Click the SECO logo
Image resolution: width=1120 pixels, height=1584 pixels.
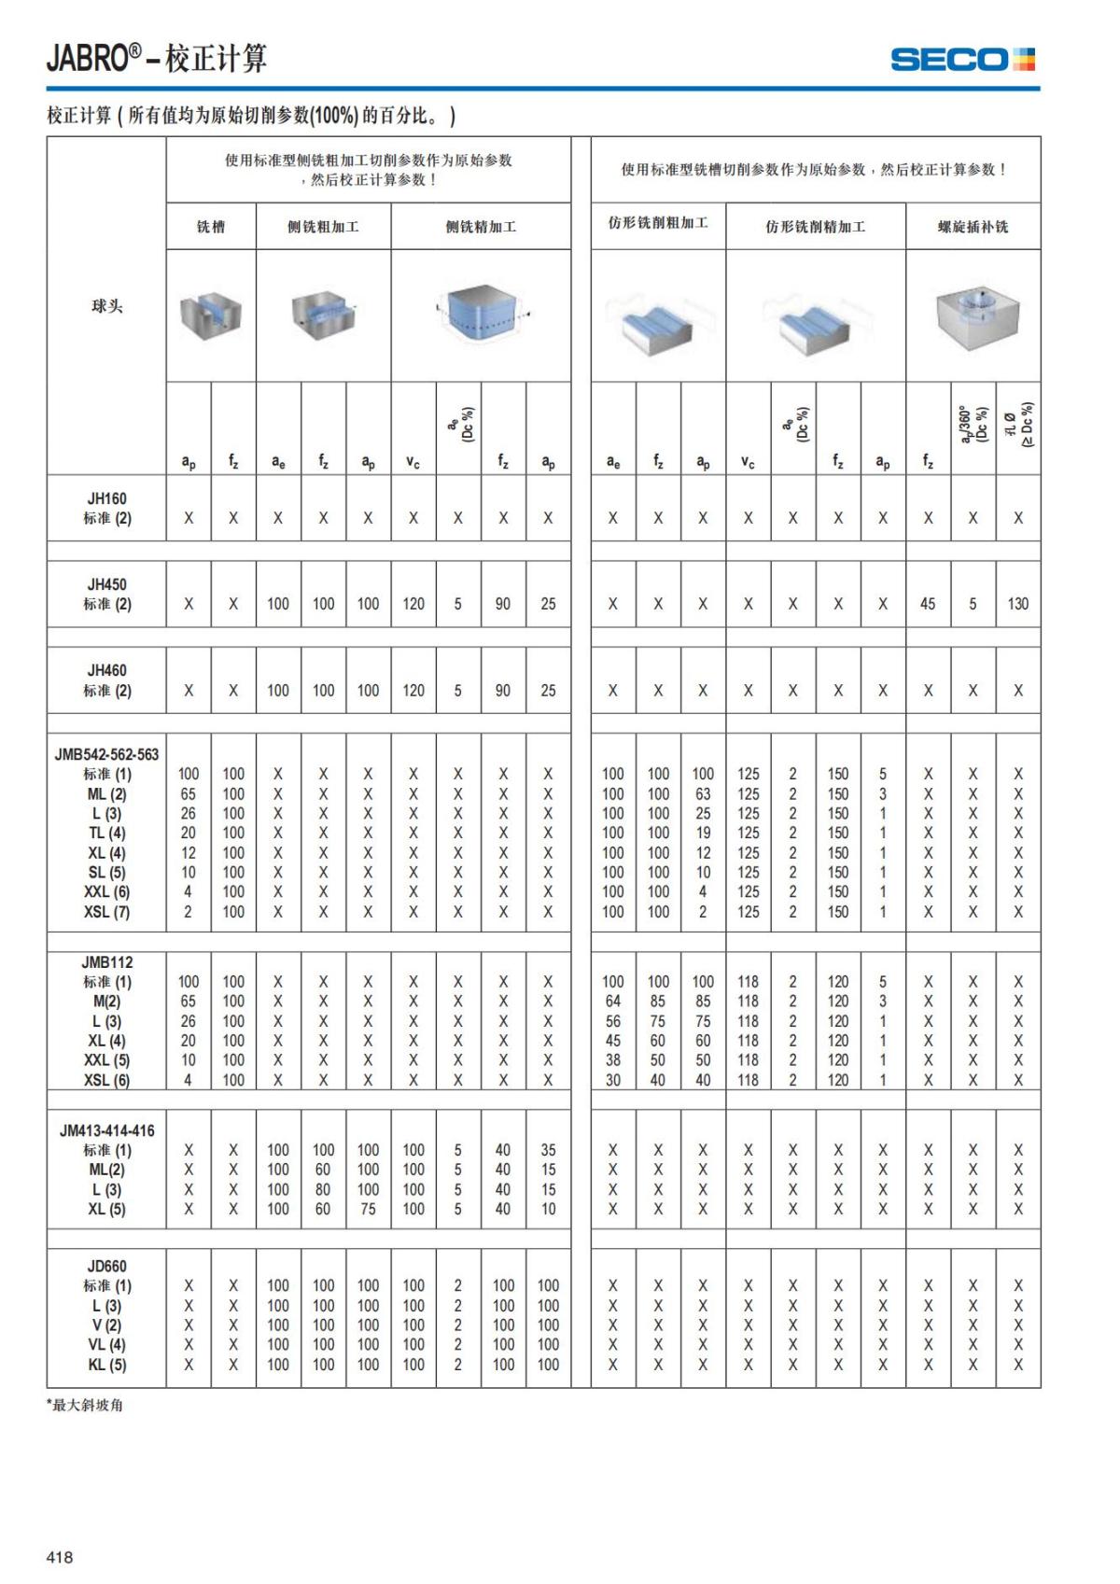(x=962, y=60)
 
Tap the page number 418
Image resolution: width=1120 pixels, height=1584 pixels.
(x=60, y=1556)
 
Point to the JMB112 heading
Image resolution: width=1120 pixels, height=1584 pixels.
(x=106, y=961)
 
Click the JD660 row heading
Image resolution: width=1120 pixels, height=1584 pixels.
(x=106, y=1267)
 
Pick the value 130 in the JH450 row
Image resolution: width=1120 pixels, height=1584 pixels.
(x=1017, y=604)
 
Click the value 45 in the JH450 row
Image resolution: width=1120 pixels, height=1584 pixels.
(x=928, y=604)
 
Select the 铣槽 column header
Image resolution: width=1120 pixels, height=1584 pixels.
(x=211, y=227)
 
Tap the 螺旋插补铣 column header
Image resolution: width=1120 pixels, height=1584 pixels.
(x=973, y=227)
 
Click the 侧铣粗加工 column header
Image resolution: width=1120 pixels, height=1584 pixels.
(x=323, y=227)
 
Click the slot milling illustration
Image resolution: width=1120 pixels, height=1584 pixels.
(x=211, y=316)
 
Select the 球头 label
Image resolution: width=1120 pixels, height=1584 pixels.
(x=106, y=306)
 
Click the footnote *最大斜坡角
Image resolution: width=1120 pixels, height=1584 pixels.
(x=85, y=1405)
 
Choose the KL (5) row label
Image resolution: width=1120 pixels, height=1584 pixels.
(x=106, y=1365)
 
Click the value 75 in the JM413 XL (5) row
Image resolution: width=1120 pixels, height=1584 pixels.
(x=368, y=1209)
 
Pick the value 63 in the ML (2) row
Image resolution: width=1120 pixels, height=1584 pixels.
(x=703, y=794)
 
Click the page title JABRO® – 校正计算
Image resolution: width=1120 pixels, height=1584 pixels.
(x=157, y=59)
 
